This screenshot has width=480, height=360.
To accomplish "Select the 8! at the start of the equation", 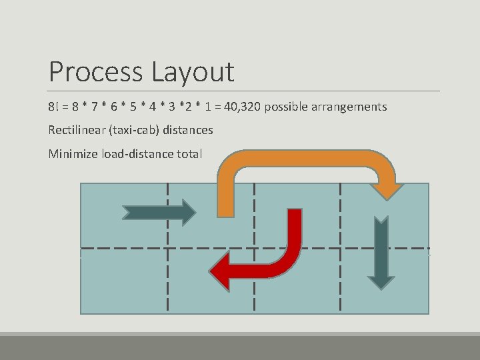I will point(53,107).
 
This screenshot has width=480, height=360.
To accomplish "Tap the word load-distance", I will point(137,154).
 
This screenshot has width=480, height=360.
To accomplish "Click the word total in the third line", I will point(189,154).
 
